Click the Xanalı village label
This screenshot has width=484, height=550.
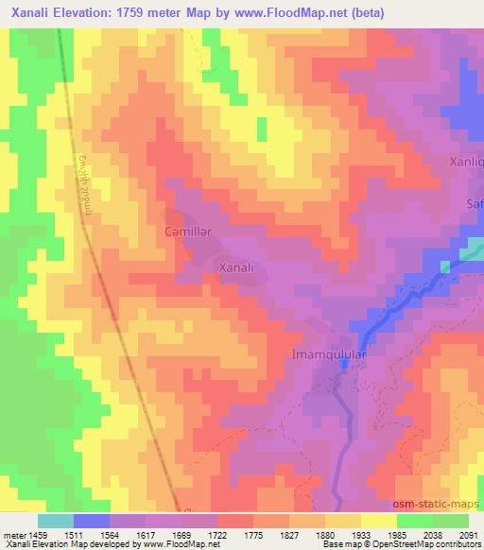[236, 268]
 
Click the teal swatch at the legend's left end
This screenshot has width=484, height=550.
[55, 521]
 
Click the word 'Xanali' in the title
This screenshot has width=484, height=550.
[30, 11]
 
